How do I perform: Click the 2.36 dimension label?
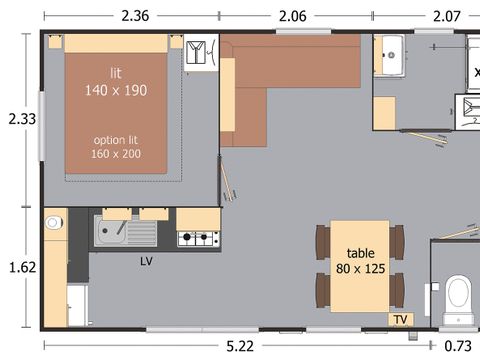(x=135, y=16)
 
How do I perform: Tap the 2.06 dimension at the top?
(x=292, y=16)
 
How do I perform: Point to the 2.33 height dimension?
(x=22, y=119)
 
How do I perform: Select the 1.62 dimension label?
(x=22, y=267)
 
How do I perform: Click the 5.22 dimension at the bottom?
(x=240, y=346)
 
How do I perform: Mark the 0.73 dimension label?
(x=458, y=346)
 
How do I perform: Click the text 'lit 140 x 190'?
(x=116, y=82)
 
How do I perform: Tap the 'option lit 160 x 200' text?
(x=116, y=147)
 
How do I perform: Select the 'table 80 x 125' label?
(x=360, y=261)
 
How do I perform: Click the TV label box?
(x=401, y=319)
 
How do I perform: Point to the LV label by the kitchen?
(x=146, y=261)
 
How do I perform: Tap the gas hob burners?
(x=199, y=238)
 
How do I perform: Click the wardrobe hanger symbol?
(x=196, y=52)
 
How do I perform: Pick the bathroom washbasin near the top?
(x=392, y=55)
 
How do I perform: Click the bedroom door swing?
(x=227, y=180)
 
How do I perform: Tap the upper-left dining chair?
(x=323, y=242)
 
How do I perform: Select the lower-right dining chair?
(x=397, y=290)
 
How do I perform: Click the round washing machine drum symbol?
(x=53, y=222)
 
